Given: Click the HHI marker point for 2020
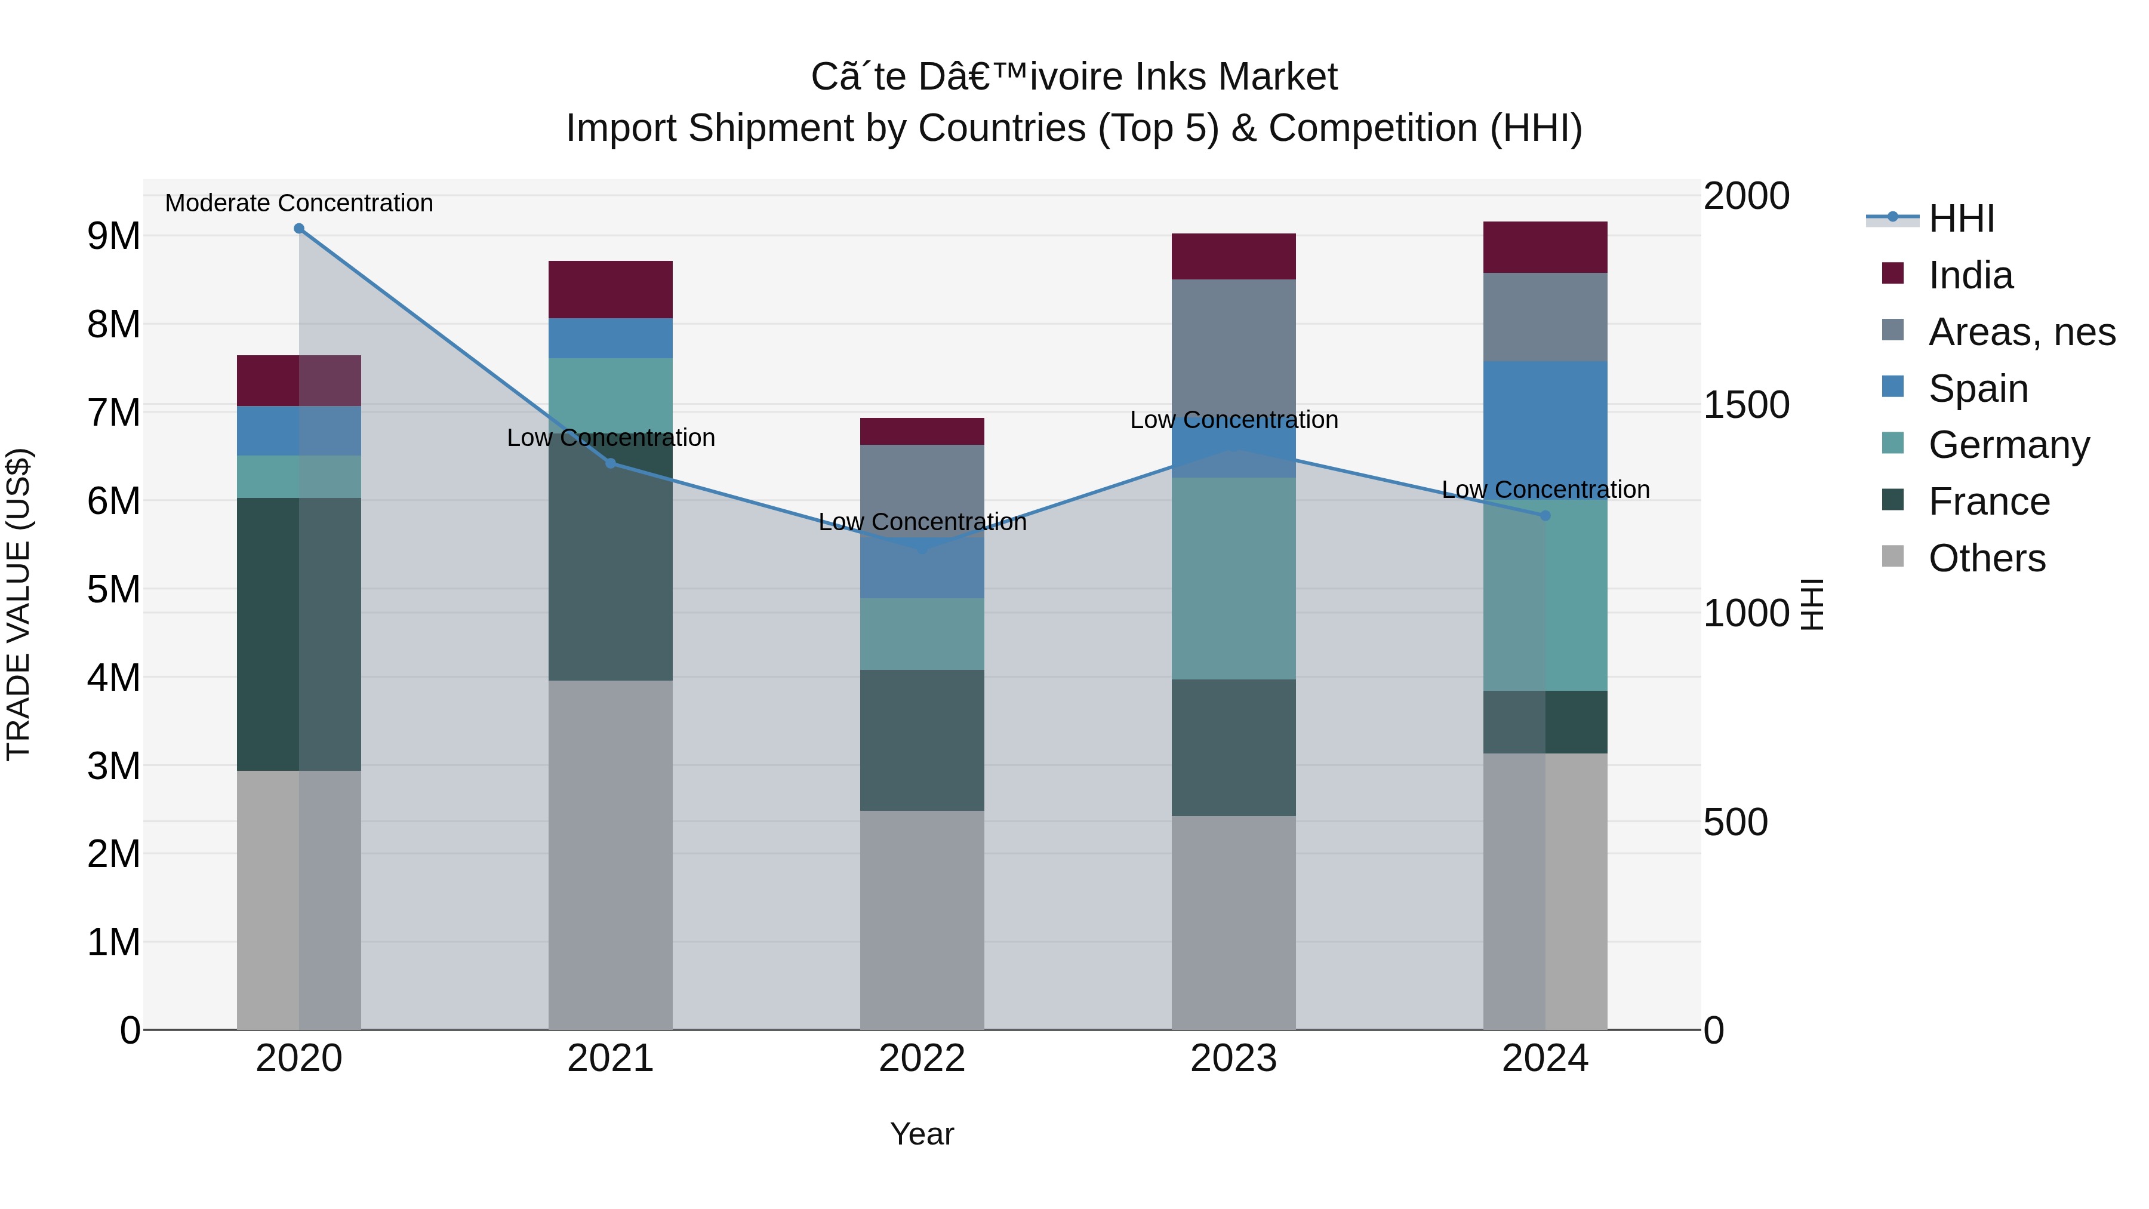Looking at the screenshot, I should click(x=298, y=229).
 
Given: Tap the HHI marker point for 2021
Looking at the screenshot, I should click(x=611, y=463).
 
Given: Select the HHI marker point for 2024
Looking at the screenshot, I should click(x=1545, y=516).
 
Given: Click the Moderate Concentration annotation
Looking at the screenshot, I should click(x=298, y=203).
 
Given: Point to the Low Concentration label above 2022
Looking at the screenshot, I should click(x=922, y=522).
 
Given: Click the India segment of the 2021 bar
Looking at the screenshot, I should click(x=611, y=290).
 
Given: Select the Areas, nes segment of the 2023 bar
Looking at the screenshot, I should click(x=1234, y=342).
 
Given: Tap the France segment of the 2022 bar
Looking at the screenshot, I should click(x=922, y=740).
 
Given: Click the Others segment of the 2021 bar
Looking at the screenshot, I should click(x=611, y=855).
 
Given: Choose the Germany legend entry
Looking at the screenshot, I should click(x=2009, y=445).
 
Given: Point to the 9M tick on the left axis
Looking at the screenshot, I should click(x=114, y=236).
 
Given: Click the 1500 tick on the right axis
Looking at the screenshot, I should click(x=1746, y=405).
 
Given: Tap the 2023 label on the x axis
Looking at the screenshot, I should click(x=1234, y=1059).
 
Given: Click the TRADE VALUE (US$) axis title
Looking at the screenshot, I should click(x=19, y=604).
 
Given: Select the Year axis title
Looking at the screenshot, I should click(x=922, y=1134).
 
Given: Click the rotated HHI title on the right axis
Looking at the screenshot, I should click(x=1812, y=604).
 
